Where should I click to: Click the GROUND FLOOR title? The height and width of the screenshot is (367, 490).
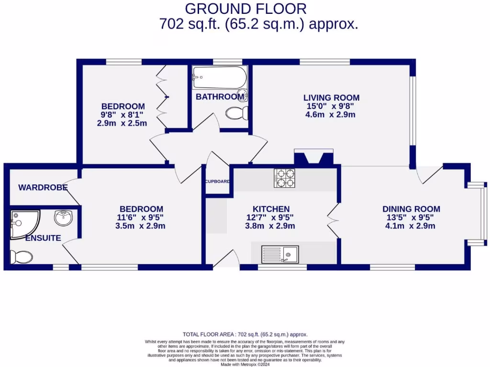tap(245, 9)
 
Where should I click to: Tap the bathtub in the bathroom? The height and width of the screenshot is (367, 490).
tap(220, 77)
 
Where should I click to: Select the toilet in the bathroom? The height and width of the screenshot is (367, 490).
tap(237, 113)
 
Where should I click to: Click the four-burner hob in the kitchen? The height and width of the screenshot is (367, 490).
tap(284, 178)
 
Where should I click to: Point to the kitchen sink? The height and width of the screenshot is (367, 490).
tap(280, 254)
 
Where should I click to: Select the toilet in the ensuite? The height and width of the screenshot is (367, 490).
tap(22, 257)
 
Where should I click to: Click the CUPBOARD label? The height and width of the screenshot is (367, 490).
tap(218, 182)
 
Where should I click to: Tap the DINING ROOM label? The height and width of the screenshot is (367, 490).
tap(411, 209)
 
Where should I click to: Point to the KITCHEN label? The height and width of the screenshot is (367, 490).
tap(271, 209)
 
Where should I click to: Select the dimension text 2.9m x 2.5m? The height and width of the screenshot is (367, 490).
tap(122, 123)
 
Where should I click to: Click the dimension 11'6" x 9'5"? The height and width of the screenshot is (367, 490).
tap(141, 217)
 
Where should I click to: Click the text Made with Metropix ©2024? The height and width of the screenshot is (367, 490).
tap(245, 365)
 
